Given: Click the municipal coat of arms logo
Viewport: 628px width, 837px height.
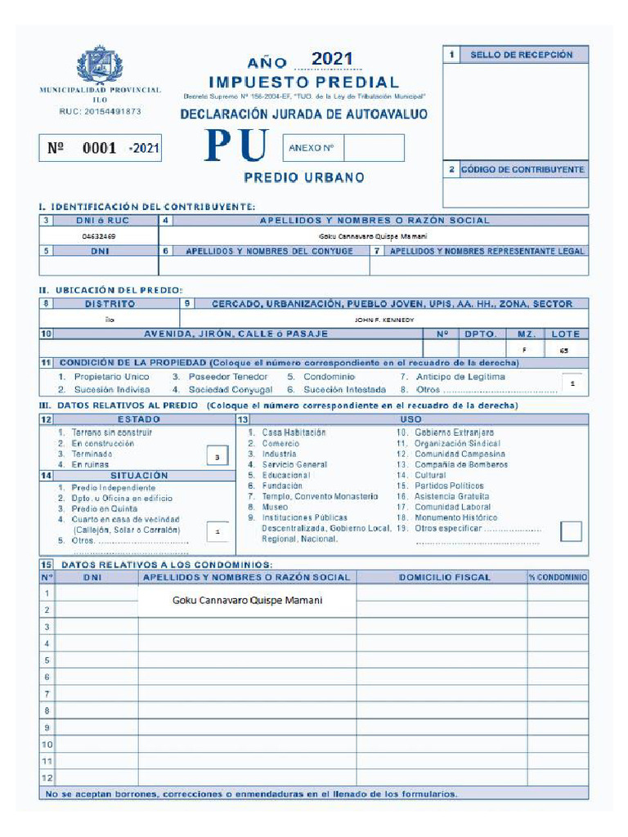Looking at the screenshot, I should (x=100, y=65).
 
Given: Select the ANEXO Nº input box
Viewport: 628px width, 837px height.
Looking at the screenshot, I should (x=373, y=148).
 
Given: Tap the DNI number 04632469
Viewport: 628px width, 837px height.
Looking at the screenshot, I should (x=98, y=235).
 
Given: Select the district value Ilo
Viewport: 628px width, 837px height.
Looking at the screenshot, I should (x=110, y=320).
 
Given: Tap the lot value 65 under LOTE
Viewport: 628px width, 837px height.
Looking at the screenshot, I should (x=564, y=350).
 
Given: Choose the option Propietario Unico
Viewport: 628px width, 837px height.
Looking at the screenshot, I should (x=112, y=377).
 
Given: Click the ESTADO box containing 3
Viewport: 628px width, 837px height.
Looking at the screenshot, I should (x=217, y=458).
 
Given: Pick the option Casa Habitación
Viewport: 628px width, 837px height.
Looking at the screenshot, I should (x=294, y=432).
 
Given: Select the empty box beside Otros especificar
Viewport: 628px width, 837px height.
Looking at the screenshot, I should (x=571, y=530).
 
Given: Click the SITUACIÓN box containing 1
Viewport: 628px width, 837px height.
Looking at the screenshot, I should (x=217, y=531).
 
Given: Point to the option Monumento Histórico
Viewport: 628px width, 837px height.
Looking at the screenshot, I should (x=455, y=517).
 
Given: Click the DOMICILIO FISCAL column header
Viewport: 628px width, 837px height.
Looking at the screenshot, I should (x=444, y=577).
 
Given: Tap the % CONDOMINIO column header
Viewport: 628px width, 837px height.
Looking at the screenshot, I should (x=558, y=577).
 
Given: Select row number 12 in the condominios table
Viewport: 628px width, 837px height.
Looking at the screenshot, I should (x=47, y=777).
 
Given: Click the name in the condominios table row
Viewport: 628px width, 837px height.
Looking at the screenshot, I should (x=247, y=600).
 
